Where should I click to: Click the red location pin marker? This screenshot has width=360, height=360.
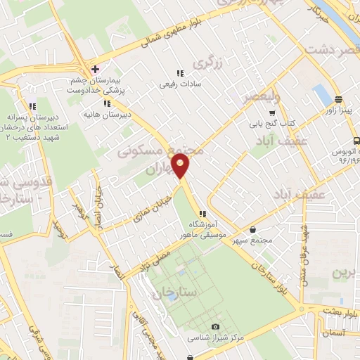point(181,167)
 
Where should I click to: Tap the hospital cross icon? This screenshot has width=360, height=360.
point(95,70)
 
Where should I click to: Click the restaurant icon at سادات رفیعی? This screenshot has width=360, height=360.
point(180,72)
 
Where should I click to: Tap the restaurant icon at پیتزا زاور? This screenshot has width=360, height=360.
point(338,100)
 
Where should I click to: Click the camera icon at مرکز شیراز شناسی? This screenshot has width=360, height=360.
point(215,327)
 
